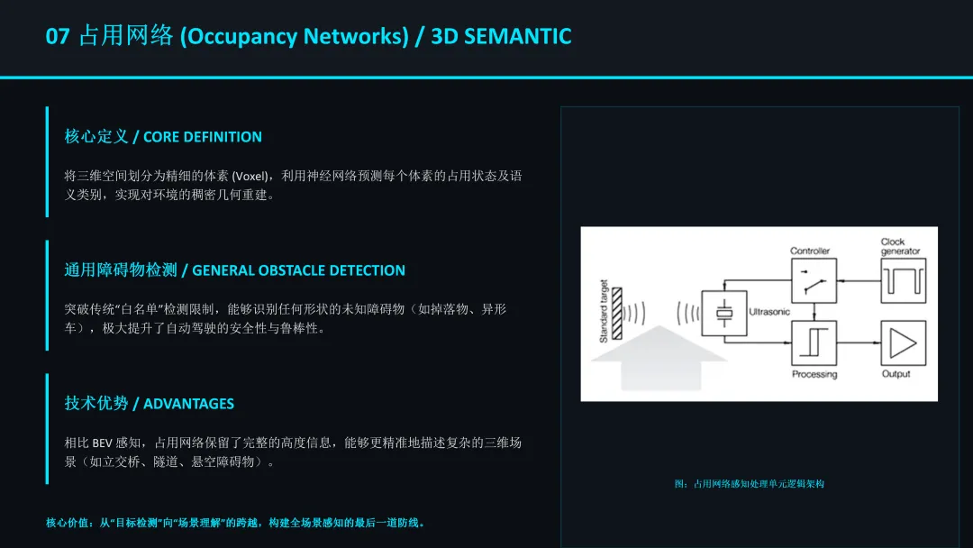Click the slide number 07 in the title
coord(58,37)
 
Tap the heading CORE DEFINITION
coord(202,137)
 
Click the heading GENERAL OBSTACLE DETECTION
coord(298,270)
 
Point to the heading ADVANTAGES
coord(188,404)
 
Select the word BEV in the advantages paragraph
coord(101,443)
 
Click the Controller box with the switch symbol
coord(813,280)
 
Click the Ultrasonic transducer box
coord(724,314)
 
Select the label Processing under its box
coord(814,374)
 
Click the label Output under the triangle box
coord(896,374)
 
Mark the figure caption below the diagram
coord(749,484)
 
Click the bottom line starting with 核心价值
coord(235,523)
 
